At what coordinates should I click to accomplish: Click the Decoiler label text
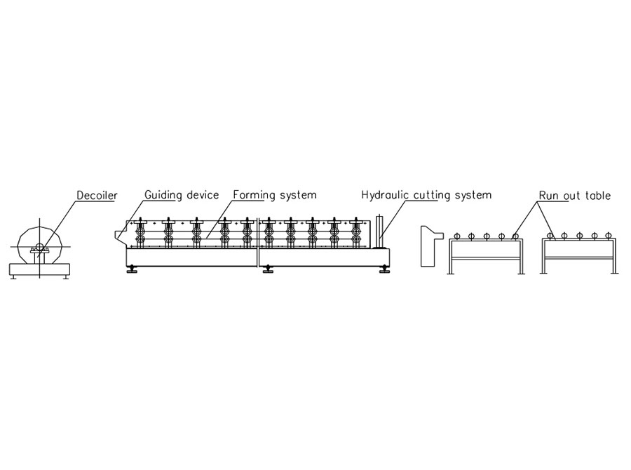[97, 195]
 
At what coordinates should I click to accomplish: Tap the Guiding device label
[182, 195]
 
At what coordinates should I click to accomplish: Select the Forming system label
[275, 195]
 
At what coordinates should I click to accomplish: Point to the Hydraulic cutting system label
[426, 195]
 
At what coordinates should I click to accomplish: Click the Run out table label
[575, 196]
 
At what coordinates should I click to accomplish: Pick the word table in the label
[598, 196]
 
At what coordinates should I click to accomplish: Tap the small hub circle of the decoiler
[39, 246]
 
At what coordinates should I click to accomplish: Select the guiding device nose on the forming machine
[121, 235]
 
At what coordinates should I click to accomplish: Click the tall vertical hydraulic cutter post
[379, 232]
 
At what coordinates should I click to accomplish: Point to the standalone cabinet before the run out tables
[430, 246]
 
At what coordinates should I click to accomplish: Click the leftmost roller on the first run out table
[456, 236]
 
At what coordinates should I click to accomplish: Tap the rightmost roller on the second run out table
[608, 236]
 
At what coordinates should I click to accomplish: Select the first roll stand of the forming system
[141, 233]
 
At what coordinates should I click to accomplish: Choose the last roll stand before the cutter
[355, 233]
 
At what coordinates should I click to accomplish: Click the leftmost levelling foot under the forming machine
[131, 269]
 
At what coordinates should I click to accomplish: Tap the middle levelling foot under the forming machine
[267, 269]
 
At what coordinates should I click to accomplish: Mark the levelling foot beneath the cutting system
[384, 269]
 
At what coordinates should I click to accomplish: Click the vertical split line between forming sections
[258, 243]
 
